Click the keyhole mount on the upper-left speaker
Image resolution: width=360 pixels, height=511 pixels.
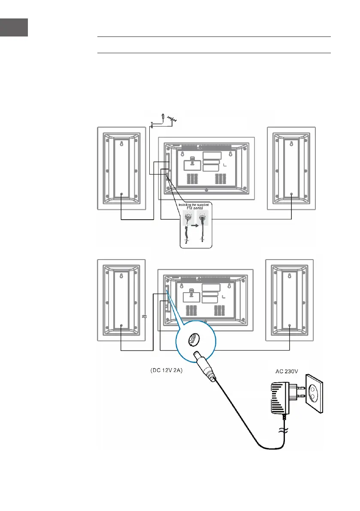pyautogui.click(x=121, y=145)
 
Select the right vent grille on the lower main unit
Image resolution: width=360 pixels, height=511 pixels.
pyautogui.click(x=220, y=310)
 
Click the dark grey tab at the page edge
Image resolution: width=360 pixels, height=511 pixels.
pyautogui.click(x=14, y=27)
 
